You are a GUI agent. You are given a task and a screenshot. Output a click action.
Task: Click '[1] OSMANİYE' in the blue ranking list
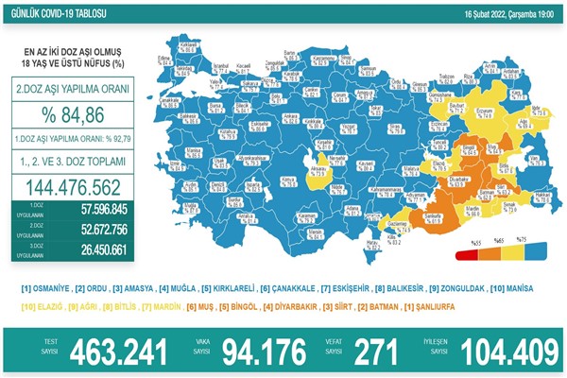pyautogui.click(x=44, y=287)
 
